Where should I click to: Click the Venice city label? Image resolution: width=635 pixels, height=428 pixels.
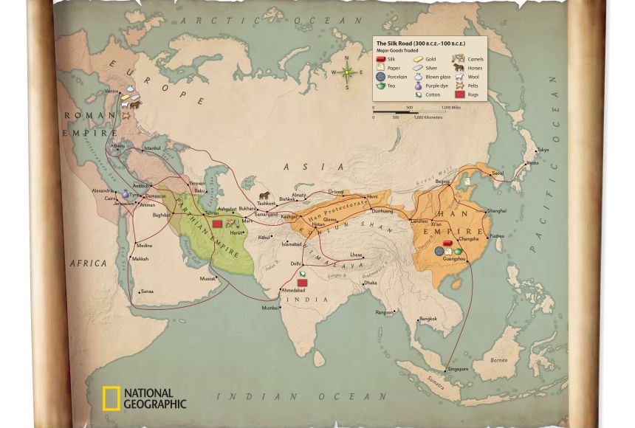point(111,92)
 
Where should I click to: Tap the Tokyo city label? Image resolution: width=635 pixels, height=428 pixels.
point(543,151)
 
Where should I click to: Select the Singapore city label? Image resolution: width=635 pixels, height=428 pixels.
point(458,369)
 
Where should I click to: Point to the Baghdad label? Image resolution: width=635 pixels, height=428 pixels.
point(161,215)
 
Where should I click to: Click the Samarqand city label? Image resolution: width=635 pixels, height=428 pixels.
point(266,214)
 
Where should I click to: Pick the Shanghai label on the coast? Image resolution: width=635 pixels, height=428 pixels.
point(497,211)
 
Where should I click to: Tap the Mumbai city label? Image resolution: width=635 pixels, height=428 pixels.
point(270,308)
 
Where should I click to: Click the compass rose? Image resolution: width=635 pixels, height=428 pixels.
point(347,72)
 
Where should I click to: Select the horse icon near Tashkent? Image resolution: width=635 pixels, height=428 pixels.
point(264,196)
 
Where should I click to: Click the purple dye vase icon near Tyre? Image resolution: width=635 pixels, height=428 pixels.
point(125,193)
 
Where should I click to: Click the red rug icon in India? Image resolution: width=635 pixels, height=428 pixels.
point(301,283)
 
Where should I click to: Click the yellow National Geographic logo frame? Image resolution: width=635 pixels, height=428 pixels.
point(111,398)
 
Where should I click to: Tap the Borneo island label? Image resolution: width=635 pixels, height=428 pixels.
point(499,360)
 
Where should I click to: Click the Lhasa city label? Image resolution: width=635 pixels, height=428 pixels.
point(356,255)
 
